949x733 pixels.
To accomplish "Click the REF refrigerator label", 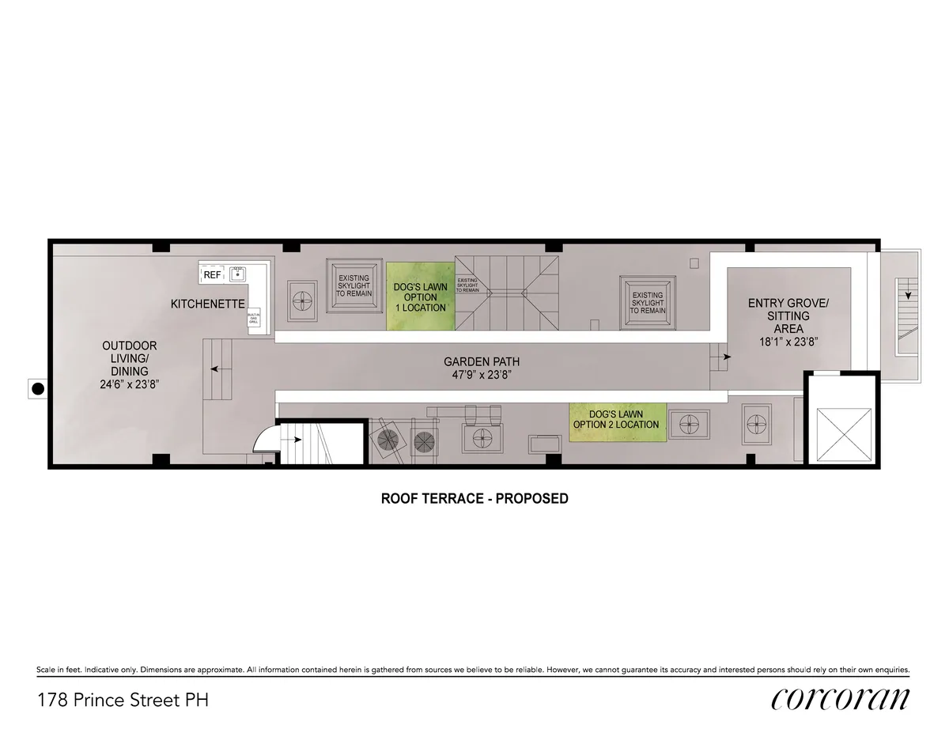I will pyautogui.click(x=211, y=274).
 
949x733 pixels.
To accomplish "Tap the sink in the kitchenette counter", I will pyautogui.click(x=237, y=274).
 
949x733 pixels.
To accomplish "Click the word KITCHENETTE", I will pyautogui.click(x=208, y=304).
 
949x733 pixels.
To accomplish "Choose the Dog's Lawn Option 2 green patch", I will pyautogui.click(x=616, y=419).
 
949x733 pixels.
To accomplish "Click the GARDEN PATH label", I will pyautogui.click(x=482, y=362).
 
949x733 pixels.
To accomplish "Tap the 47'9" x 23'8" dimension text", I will pyautogui.click(x=482, y=376).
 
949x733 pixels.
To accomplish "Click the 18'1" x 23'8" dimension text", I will pyautogui.click(x=788, y=342).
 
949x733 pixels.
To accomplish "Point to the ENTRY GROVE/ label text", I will pyautogui.click(x=788, y=303).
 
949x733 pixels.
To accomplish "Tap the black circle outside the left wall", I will pyautogui.click(x=37, y=388).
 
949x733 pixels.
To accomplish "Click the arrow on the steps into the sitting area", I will pyautogui.click(x=723, y=357).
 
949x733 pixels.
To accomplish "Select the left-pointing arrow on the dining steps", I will pyautogui.click(x=216, y=368).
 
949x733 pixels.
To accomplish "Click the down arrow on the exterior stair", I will pyautogui.click(x=908, y=294).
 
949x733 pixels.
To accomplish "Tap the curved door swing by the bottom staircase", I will pyautogui.click(x=264, y=438).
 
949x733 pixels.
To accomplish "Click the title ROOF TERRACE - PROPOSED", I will pyautogui.click(x=475, y=499).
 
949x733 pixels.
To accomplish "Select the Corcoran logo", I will pyautogui.click(x=841, y=699).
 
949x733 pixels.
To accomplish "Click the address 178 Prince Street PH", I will pyautogui.click(x=123, y=700).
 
